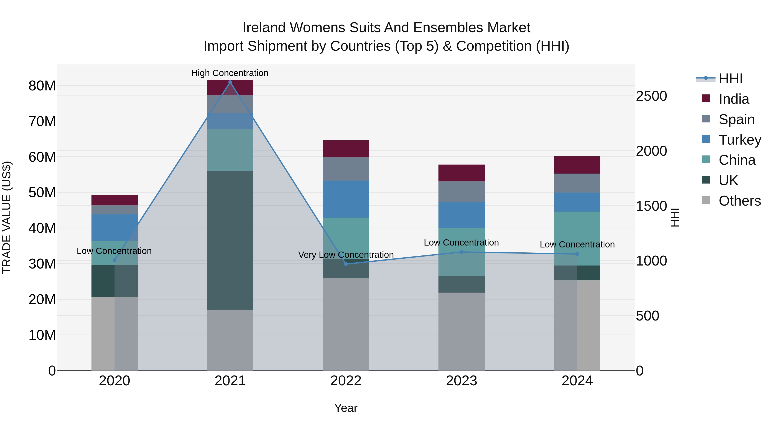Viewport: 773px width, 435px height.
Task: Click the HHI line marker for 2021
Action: [x=230, y=82]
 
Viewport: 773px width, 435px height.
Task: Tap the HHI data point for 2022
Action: [x=346, y=264]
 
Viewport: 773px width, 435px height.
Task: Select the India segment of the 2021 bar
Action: [x=230, y=88]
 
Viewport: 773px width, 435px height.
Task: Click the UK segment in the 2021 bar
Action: [x=230, y=240]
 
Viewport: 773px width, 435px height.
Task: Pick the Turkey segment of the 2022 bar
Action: [x=346, y=199]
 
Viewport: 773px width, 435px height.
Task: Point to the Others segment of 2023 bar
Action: [x=461, y=331]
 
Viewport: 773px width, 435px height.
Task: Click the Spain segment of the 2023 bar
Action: [x=461, y=192]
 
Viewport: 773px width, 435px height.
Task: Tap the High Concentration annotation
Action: [x=230, y=73]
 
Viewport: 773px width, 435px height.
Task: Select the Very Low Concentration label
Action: [x=346, y=255]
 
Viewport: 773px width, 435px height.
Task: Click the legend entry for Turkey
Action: [x=740, y=140]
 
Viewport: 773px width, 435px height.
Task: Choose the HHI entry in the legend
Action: [x=730, y=79]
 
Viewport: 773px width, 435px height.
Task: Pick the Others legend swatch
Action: [x=706, y=200]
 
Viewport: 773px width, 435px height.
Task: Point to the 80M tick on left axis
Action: [x=42, y=86]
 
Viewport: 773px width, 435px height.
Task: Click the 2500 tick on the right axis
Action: [x=651, y=96]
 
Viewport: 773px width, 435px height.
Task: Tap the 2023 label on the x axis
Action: [x=461, y=381]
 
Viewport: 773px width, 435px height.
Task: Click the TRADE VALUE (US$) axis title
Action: [x=7, y=217]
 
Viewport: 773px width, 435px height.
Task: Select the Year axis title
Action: [x=346, y=408]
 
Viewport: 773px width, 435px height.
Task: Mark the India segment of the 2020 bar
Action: [x=114, y=200]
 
